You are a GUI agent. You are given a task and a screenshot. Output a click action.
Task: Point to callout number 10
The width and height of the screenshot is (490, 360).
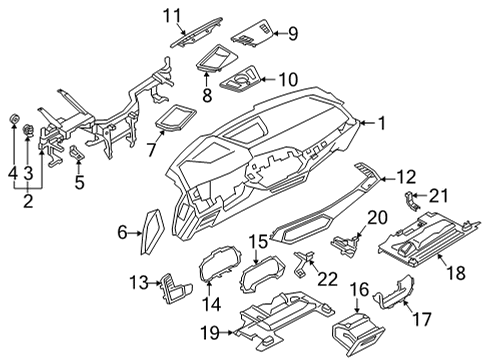[287, 79]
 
